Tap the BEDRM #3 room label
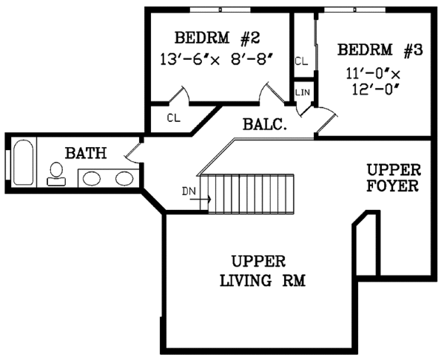(x=380, y=50)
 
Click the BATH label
(x=86, y=154)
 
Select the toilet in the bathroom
(x=55, y=173)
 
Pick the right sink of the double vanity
(x=124, y=178)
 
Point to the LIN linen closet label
(x=303, y=92)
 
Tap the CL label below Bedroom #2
(x=173, y=118)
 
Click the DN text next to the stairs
(x=189, y=191)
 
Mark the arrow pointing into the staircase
(x=205, y=198)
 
